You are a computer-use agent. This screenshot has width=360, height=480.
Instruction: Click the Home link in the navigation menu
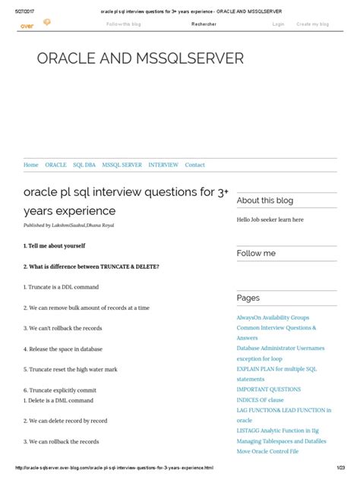tap(31, 165)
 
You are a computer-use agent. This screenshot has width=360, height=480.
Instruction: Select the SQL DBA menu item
tap(84, 165)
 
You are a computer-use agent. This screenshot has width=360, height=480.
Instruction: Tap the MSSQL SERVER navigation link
tap(122, 165)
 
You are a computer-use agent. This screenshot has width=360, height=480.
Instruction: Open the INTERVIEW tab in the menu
tap(163, 165)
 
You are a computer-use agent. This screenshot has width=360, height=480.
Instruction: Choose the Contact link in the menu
tap(195, 165)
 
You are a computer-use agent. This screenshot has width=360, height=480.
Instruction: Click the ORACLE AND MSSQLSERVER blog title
tap(141, 58)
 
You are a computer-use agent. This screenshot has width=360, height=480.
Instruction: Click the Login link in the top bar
tap(278, 24)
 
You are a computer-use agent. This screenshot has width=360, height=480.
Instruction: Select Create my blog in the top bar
tap(312, 24)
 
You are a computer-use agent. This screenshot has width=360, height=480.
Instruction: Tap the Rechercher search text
tap(206, 24)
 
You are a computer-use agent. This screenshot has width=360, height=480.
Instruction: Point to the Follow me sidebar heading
tap(256, 253)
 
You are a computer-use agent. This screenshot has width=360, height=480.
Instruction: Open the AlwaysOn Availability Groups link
tap(273, 317)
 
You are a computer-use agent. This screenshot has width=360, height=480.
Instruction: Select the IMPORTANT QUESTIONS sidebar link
tap(268, 390)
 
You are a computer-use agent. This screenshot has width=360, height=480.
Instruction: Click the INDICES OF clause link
tap(260, 399)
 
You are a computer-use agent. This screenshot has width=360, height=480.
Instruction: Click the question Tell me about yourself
tap(55, 246)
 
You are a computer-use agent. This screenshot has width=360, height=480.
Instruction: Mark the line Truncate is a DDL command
tap(61, 287)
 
